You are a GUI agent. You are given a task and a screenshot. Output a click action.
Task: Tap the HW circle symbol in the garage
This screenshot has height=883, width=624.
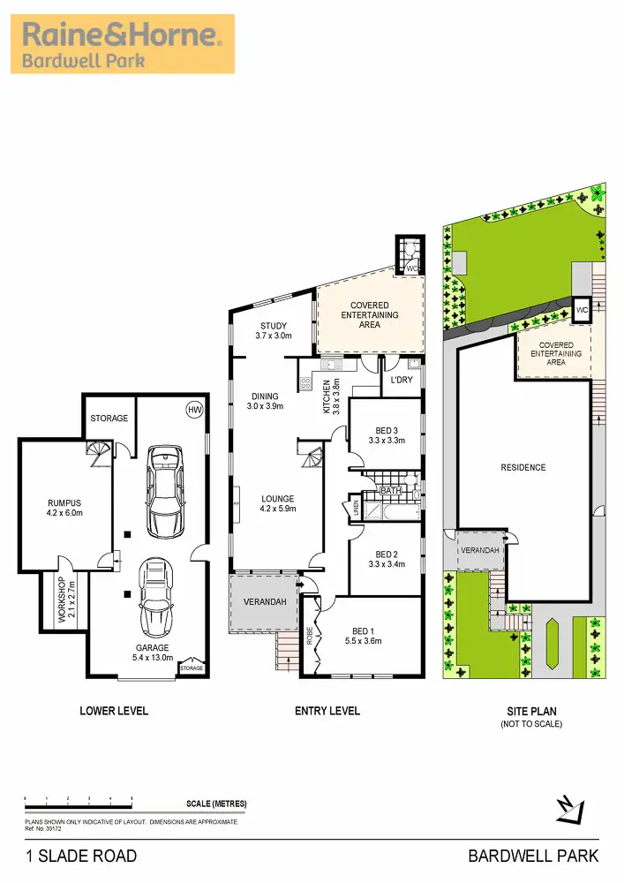pos(193,409)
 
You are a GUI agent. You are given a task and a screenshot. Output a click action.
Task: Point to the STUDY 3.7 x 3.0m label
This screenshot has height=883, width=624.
pos(274,331)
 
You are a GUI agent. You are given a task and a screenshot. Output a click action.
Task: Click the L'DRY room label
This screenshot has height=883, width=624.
pos(402,381)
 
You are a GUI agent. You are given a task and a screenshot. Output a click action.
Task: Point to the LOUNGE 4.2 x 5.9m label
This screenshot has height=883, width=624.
pos(279,503)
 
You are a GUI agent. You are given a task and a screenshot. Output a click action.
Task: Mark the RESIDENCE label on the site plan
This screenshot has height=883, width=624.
pos(523,468)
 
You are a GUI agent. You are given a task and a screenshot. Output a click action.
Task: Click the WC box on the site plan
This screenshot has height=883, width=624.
pos(582,311)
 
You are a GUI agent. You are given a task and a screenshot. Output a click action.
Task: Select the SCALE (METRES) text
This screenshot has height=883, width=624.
pos(216,804)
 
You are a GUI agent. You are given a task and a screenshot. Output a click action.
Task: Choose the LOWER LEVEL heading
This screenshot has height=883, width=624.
pos(114,711)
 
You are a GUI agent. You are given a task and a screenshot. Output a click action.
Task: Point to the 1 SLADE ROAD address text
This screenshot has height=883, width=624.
pos(81,856)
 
